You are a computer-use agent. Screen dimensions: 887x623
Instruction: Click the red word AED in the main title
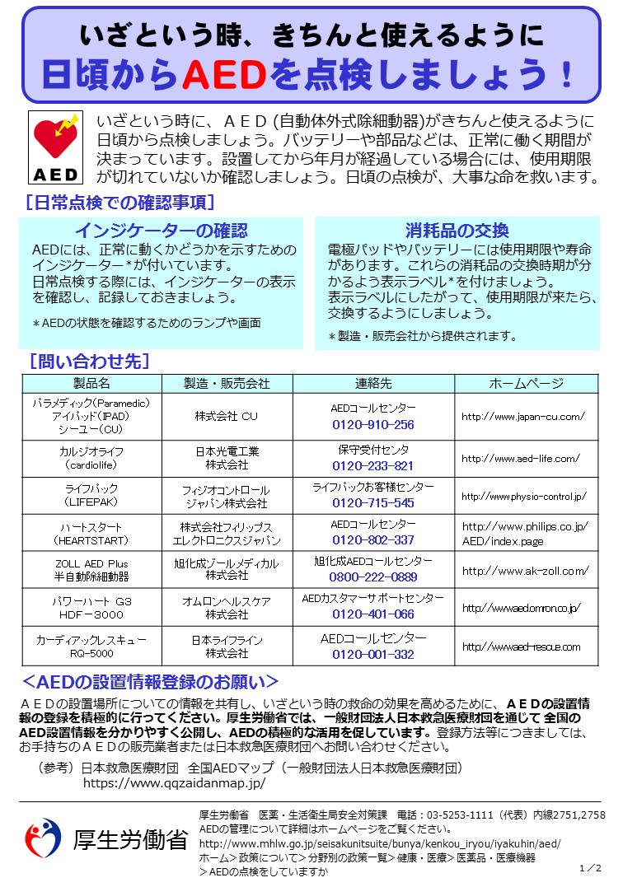click(x=222, y=76)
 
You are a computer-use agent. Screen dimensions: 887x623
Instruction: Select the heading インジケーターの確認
click(x=161, y=231)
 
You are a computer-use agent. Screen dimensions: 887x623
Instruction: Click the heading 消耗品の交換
click(x=457, y=231)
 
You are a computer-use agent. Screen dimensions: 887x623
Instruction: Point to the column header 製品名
click(x=91, y=383)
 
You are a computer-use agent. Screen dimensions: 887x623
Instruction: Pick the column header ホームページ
click(x=526, y=383)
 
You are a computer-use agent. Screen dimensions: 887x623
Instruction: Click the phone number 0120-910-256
click(x=373, y=425)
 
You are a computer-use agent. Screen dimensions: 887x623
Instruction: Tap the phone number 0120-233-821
click(x=373, y=465)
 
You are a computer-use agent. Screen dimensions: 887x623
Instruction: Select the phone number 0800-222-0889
click(x=373, y=577)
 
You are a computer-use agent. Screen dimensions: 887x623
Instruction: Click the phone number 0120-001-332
click(x=373, y=655)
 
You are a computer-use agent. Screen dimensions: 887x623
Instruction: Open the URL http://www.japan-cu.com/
click(x=523, y=417)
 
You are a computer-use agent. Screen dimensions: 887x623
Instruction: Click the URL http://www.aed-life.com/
click(x=520, y=458)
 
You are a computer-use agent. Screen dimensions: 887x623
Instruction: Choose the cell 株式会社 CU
click(x=226, y=417)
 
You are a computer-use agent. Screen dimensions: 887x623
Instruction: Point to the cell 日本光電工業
click(x=227, y=451)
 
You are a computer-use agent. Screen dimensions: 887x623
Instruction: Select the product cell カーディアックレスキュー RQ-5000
click(x=91, y=647)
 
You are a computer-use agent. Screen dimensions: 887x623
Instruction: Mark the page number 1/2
click(x=591, y=868)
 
